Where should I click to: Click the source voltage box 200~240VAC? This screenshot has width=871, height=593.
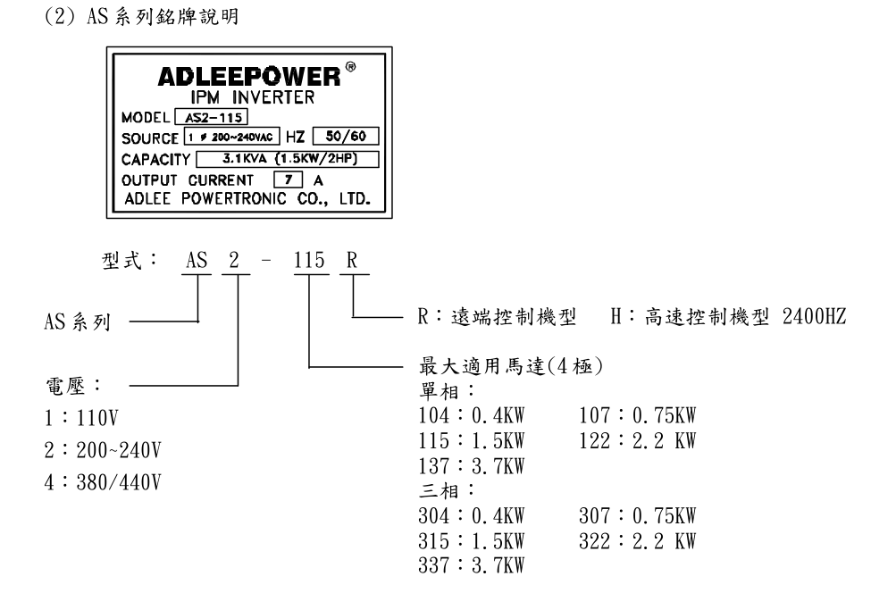pyautogui.click(x=233, y=137)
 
